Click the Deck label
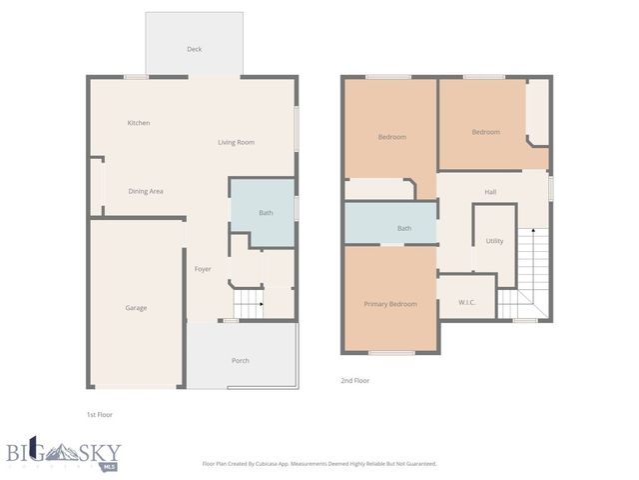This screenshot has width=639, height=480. [194, 49]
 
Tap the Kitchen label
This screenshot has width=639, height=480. [139, 123]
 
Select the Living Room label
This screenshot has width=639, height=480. [237, 142]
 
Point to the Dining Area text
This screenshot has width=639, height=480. [146, 191]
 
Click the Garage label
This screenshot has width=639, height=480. [136, 308]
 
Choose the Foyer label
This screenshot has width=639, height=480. [203, 269]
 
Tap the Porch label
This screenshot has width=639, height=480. [241, 360]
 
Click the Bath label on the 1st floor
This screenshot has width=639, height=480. [266, 213]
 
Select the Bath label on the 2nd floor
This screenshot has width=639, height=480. [404, 228]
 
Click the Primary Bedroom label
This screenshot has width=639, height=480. [390, 304]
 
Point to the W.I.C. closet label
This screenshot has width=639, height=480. [466, 303]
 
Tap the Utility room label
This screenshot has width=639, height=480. [494, 241]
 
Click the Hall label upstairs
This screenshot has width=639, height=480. [490, 192]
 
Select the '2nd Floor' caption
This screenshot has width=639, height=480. [355, 380]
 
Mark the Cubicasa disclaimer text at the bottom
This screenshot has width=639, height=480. [319, 464]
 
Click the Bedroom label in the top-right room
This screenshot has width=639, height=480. [485, 132]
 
